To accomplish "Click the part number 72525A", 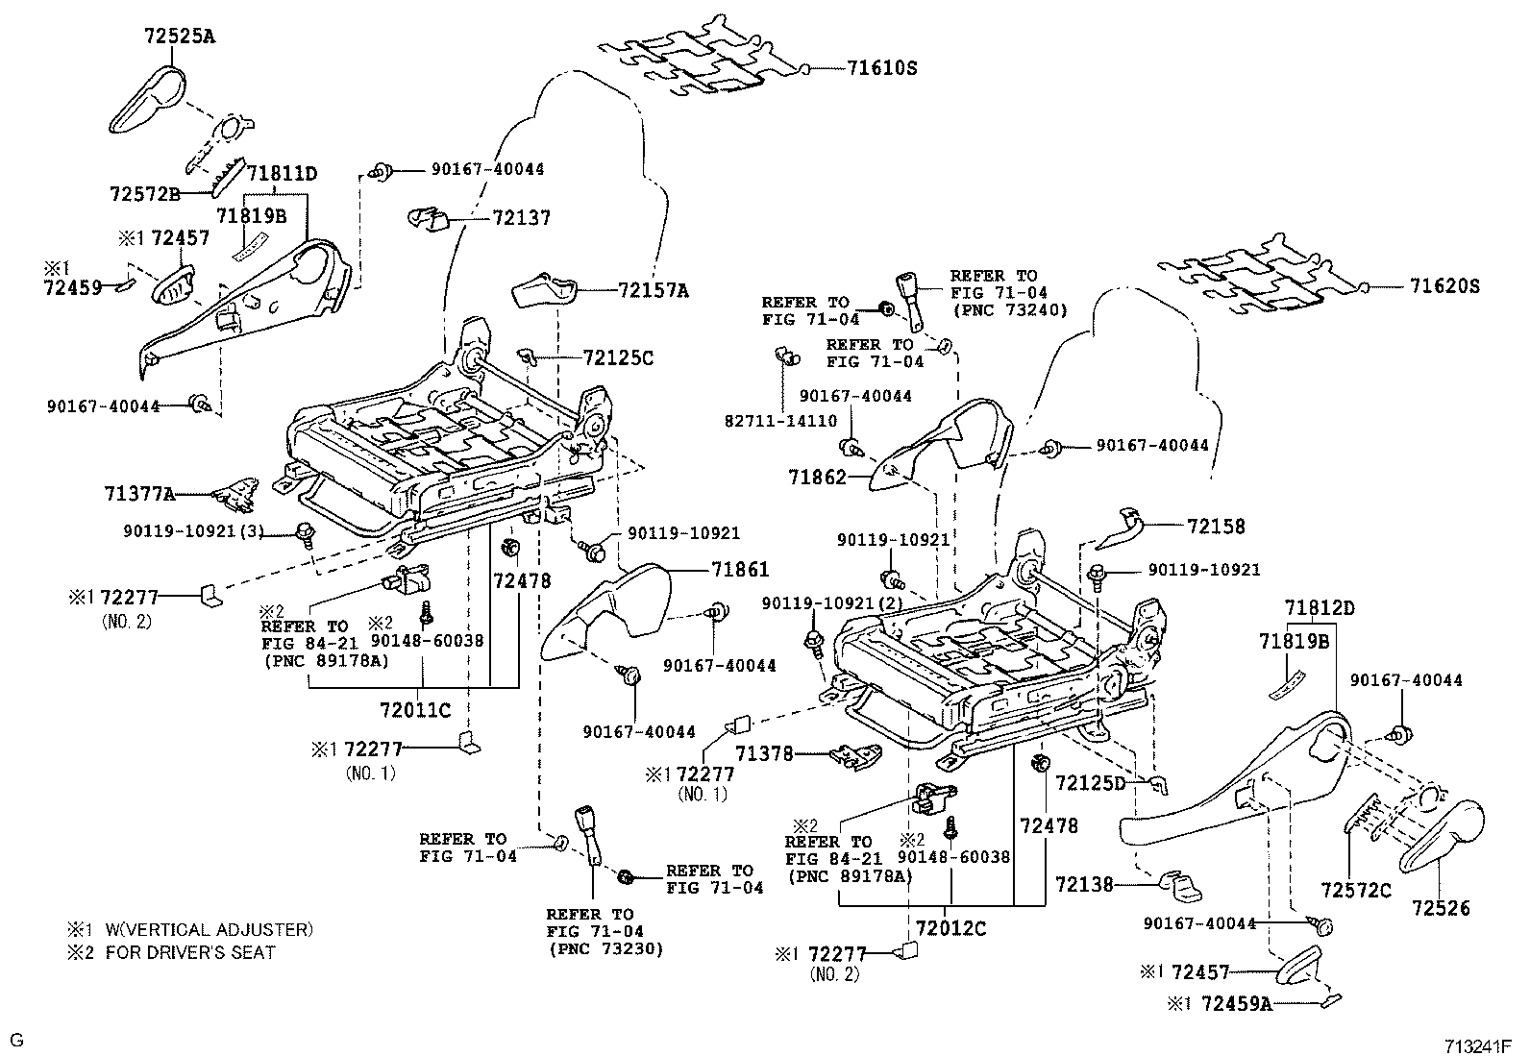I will coord(180,37).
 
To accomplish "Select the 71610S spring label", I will coord(882,68).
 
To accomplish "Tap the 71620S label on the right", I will coord(1444,286).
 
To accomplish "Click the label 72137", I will coord(521,218).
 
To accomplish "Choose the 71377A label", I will coord(140,495).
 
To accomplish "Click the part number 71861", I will coord(740,570).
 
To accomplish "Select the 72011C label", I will coord(415,710).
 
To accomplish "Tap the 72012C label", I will coord(950,929).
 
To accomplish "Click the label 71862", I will coord(817,477).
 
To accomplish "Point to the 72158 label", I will coord(1215,527).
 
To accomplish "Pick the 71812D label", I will coord(1320,608).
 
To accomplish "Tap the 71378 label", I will coord(765,754).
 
